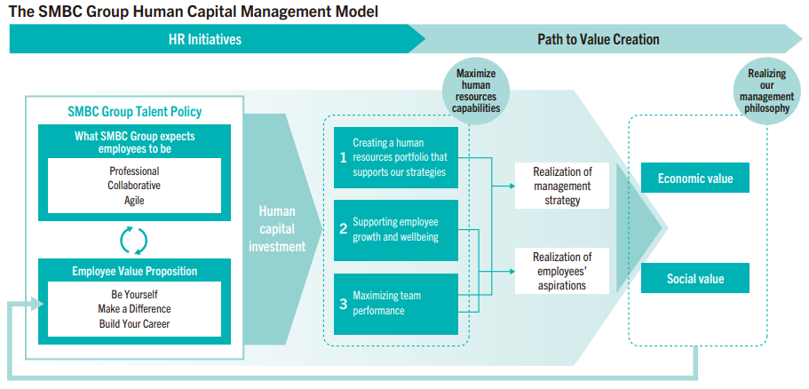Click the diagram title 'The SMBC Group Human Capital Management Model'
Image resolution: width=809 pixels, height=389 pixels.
coord(193,11)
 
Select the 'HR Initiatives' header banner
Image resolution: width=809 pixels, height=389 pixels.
coord(204,40)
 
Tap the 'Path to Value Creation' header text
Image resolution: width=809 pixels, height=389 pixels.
coord(598,40)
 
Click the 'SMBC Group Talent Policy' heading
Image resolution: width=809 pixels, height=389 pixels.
coord(135,112)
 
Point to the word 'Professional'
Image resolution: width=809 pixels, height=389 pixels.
coord(134,171)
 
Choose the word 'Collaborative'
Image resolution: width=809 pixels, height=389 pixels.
coord(134,186)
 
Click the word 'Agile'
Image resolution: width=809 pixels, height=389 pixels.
coord(134,200)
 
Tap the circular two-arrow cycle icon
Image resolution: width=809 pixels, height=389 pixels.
coord(134,239)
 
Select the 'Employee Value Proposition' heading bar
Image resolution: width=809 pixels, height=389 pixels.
coord(134,271)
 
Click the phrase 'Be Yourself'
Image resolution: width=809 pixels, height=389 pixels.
coord(134,295)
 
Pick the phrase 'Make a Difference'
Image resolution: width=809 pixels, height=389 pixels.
coord(134,309)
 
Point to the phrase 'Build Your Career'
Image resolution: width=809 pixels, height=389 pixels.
coord(134,323)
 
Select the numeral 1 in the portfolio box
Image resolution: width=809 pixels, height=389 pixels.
coord(343,157)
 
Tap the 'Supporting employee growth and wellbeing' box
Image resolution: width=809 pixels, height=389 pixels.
coord(396,229)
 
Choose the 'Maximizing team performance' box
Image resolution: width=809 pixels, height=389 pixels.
coord(396,303)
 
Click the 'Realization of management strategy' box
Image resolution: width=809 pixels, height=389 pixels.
coord(562,186)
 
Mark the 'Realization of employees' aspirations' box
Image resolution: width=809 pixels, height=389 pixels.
coord(562,271)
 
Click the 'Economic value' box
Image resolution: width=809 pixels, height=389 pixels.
coord(695,179)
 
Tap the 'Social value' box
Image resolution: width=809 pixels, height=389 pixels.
coord(695,279)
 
